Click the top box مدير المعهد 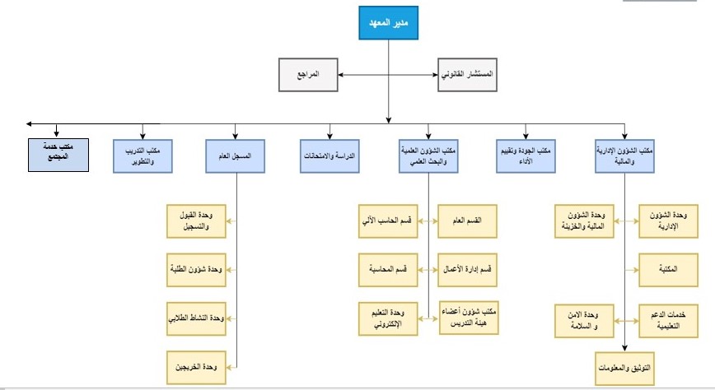(x=387, y=23)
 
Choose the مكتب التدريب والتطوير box (x=143, y=156)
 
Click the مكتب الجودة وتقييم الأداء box (x=526, y=156)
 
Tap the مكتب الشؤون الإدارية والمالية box (x=624, y=156)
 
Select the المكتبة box (x=669, y=269)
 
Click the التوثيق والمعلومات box (x=624, y=364)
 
